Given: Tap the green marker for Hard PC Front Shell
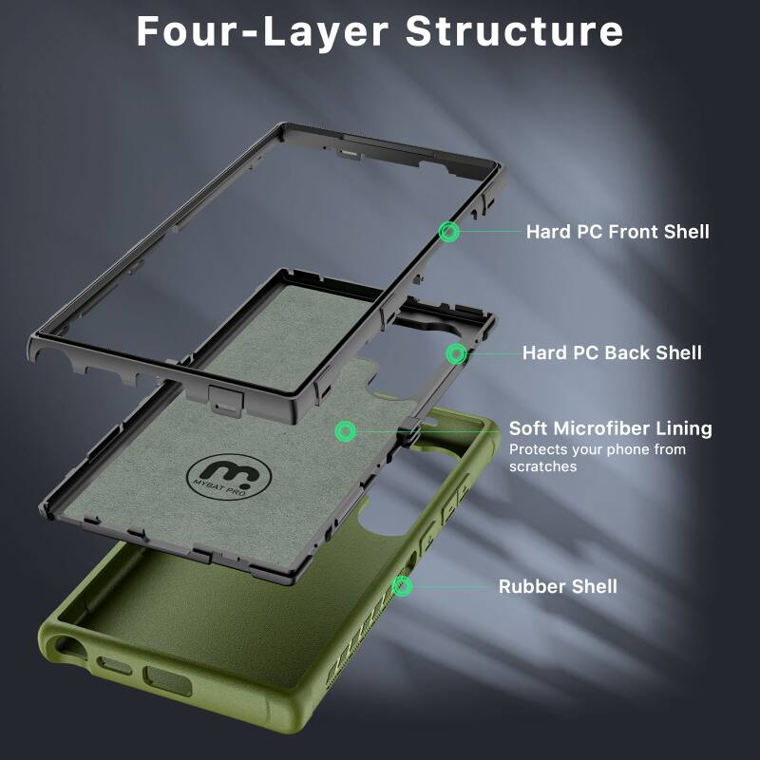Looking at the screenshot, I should [448, 231].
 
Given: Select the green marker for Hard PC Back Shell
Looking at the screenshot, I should [456, 353].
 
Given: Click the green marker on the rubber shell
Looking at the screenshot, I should [403, 586].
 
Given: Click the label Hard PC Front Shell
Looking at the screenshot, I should [617, 232].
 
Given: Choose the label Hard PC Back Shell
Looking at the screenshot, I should [612, 353].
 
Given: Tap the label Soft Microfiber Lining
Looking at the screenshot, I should [610, 428].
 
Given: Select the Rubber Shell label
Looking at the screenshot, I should [558, 587].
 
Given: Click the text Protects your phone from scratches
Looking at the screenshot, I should [597, 458].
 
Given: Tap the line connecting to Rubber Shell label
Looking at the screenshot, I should [451, 586].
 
